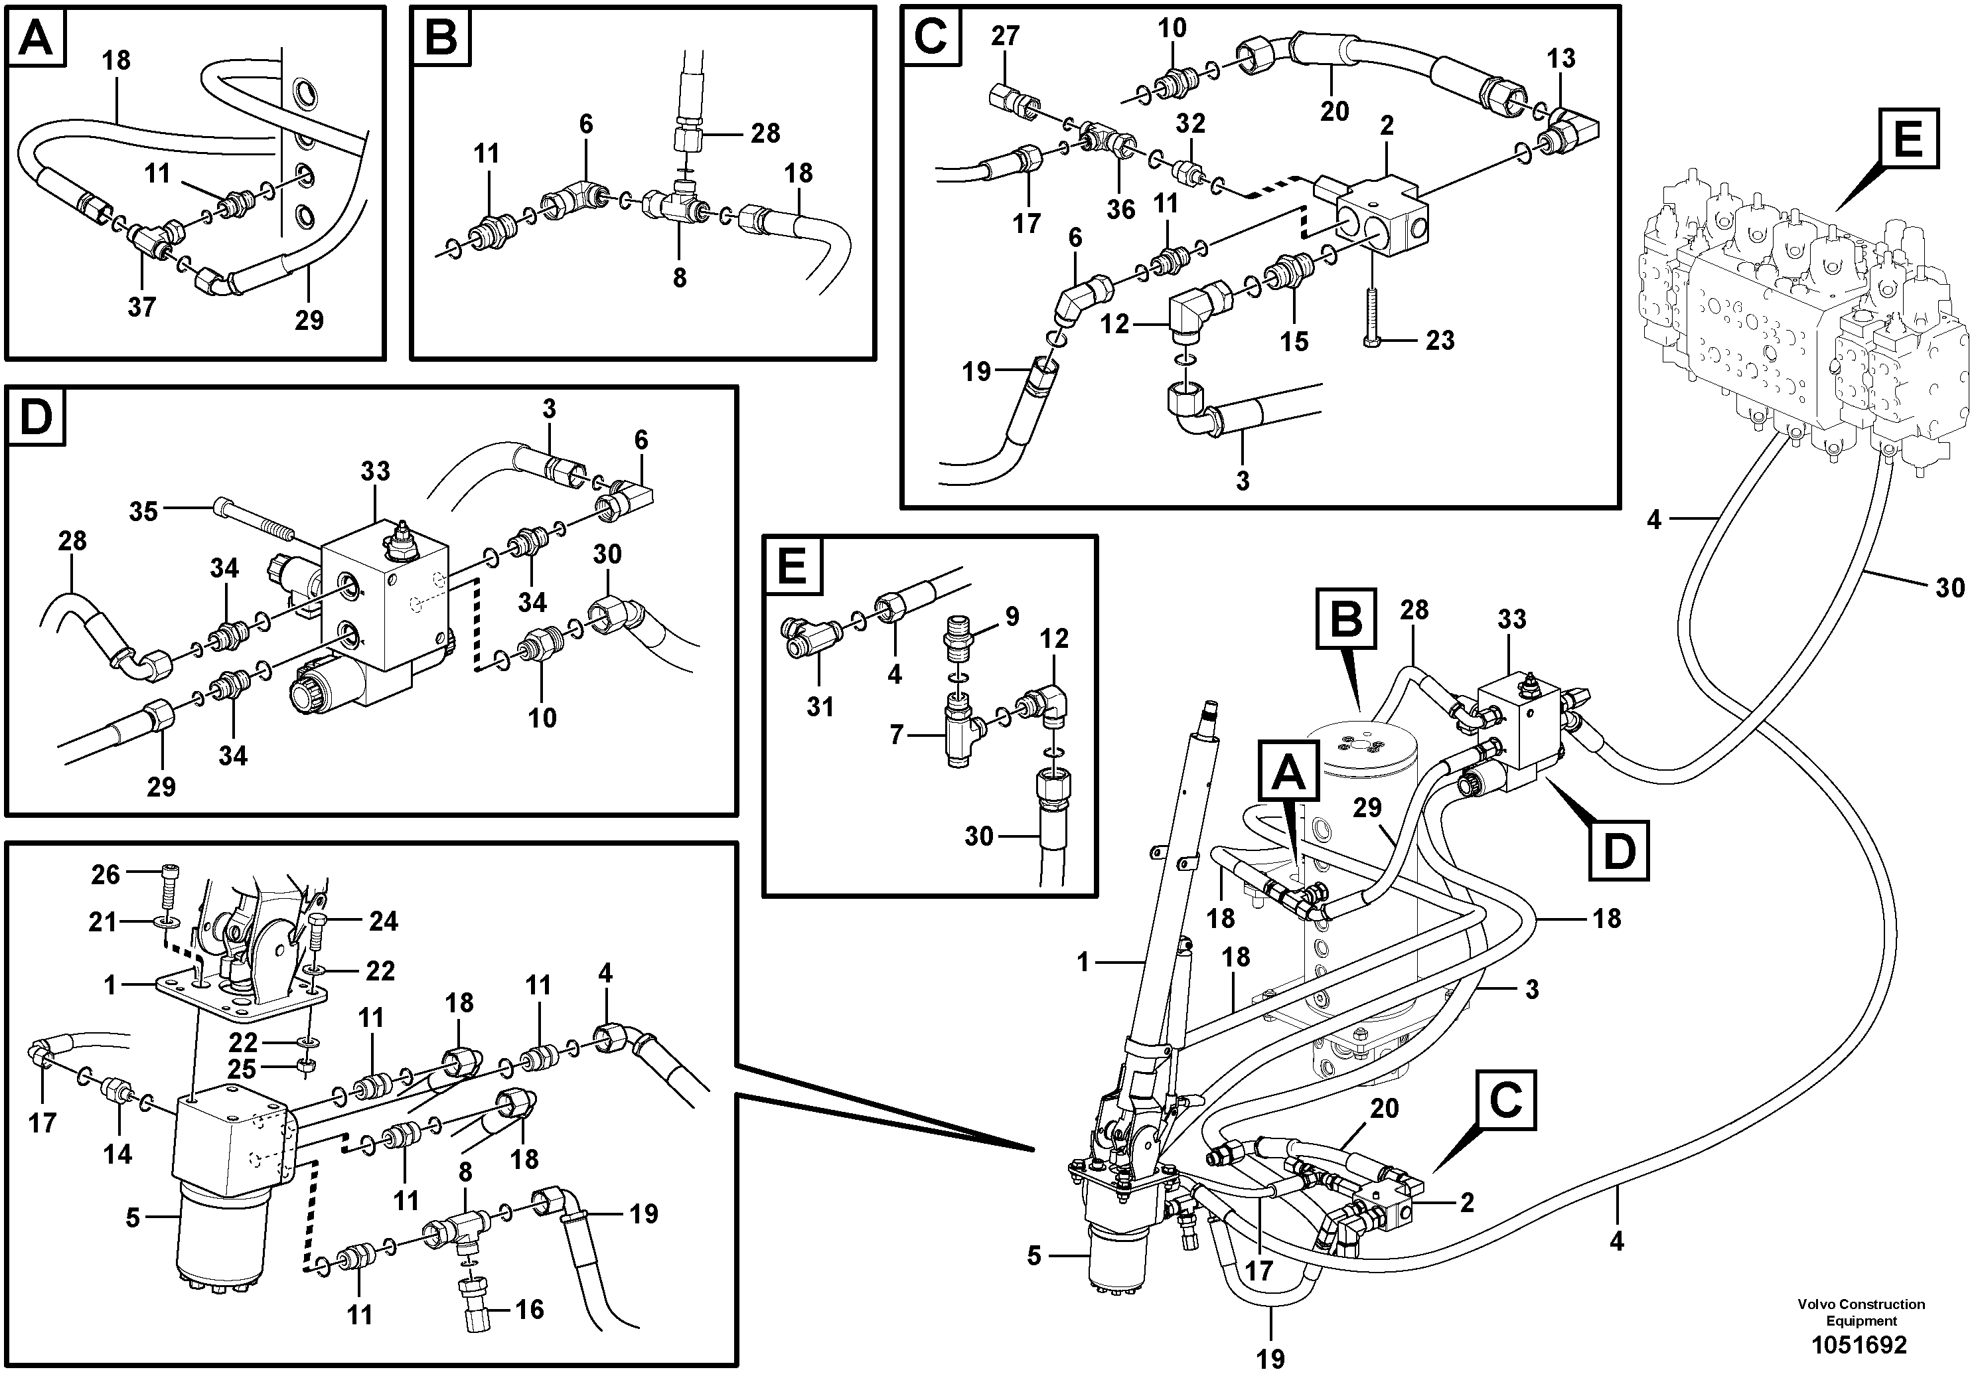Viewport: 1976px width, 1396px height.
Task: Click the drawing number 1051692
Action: click(1859, 1344)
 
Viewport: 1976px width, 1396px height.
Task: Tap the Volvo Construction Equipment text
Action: click(1861, 1312)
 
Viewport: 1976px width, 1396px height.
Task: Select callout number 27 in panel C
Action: click(1004, 36)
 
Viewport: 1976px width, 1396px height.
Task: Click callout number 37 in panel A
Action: click(142, 307)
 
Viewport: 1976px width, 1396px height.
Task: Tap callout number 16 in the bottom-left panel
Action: click(529, 1309)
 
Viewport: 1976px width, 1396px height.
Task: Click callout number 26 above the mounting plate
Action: click(106, 876)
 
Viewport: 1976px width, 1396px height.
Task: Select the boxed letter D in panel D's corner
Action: click(35, 417)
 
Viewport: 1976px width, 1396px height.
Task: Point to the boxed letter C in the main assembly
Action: click(1505, 1100)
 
